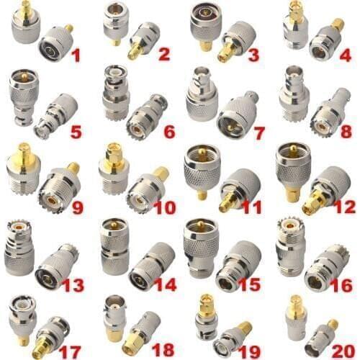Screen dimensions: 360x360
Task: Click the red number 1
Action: click(x=76, y=55)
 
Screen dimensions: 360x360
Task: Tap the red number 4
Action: click(x=345, y=55)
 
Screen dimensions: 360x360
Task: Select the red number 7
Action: click(x=258, y=133)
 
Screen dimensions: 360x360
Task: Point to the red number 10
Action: click(x=165, y=207)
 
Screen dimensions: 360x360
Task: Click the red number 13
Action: click(x=73, y=285)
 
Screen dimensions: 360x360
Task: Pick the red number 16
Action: click(x=341, y=285)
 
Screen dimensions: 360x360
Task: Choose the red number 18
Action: click(x=163, y=351)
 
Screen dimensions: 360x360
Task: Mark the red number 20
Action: click(x=343, y=351)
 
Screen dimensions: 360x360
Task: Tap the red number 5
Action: click(x=76, y=131)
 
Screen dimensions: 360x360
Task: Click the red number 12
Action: click(x=344, y=207)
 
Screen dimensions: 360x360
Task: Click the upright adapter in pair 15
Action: click(x=201, y=247)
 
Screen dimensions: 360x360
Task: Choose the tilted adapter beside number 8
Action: click(x=330, y=113)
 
